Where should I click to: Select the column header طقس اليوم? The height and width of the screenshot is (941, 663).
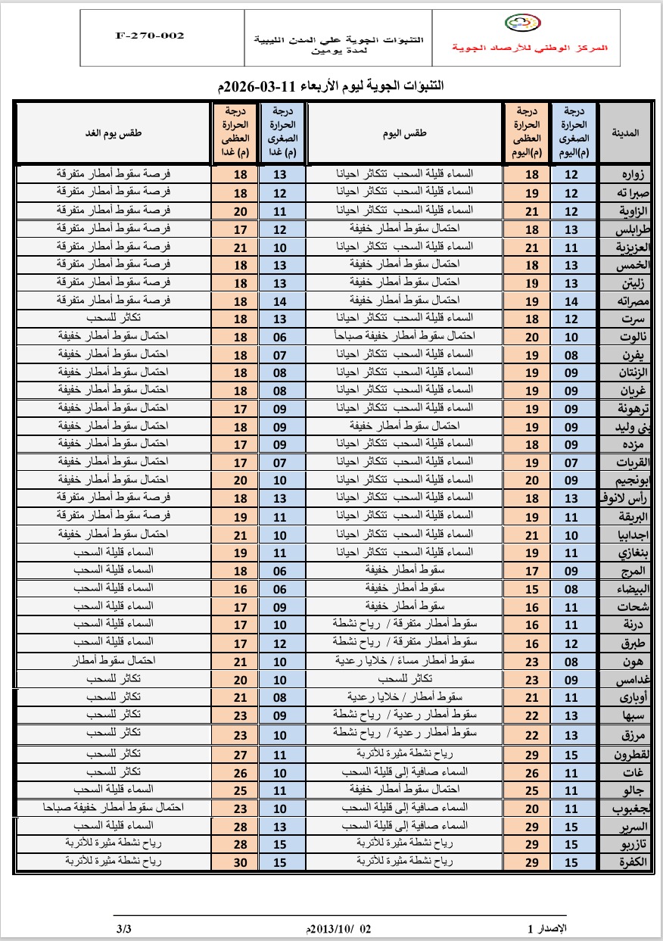click(x=406, y=133)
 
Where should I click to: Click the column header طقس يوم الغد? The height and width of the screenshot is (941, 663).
click(x=114, y=133)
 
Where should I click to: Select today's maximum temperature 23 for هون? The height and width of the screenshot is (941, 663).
click(x=532, y=660)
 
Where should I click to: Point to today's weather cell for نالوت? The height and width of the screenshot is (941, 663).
click(x=405, y=335)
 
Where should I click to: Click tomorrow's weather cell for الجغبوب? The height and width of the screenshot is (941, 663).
click(x=114, y=807)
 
